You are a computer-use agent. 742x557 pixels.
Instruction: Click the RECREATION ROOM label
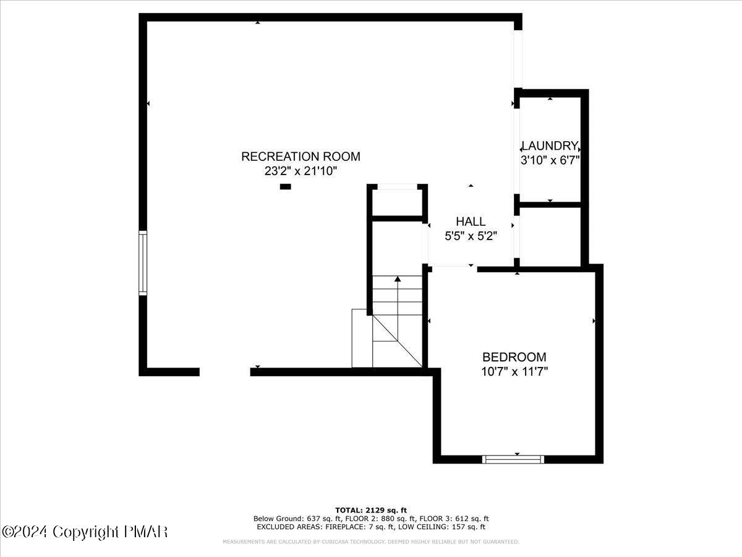click(301, 157)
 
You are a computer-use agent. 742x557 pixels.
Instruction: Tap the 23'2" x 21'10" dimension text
click(301, 171)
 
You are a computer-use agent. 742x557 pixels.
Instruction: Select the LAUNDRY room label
click(550, 146)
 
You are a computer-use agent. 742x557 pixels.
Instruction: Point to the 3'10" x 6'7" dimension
click(550, 160)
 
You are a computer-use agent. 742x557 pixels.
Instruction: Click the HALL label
click(471, 222)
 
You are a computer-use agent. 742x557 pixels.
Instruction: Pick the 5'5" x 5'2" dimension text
click(471, 236)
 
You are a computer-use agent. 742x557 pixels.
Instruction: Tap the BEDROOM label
click(514, 357)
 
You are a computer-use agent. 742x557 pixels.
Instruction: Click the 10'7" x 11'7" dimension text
click(514, 372)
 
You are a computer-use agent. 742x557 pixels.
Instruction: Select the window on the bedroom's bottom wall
click(513, 459)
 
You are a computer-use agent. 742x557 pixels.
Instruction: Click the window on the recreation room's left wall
click(143, 262)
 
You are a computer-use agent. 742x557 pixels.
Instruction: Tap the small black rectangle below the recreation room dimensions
click(285, 186)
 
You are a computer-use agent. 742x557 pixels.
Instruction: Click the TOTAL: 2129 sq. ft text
click(371, 510)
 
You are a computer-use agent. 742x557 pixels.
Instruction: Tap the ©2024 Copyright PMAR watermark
click(85, 532)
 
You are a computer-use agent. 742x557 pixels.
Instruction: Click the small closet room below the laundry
click(550, 236)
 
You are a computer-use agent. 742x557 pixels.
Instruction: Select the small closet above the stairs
click(397, 201)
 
